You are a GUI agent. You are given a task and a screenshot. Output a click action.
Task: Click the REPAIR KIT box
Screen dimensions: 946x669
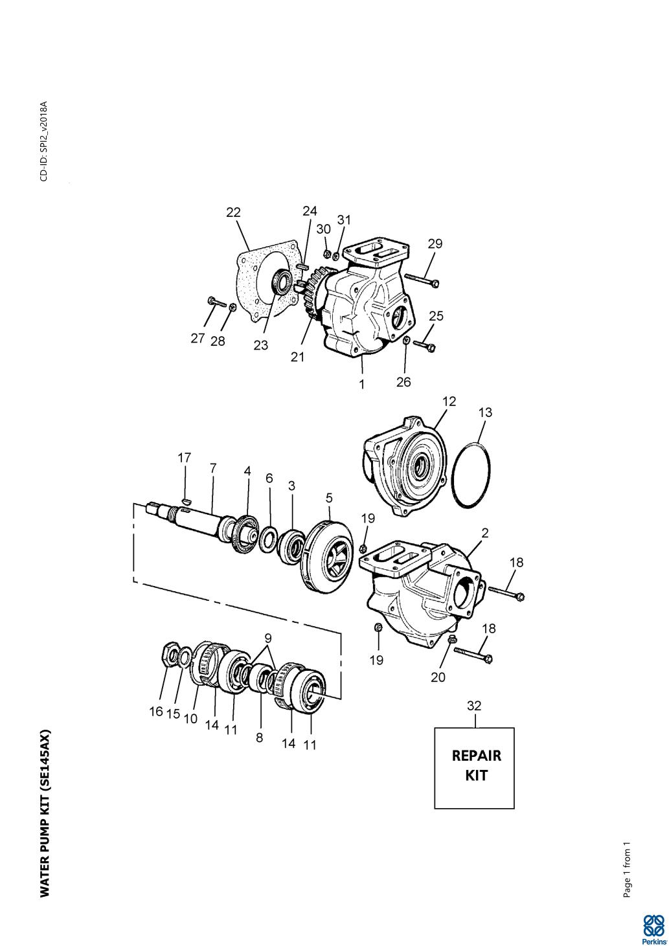click(474, 767)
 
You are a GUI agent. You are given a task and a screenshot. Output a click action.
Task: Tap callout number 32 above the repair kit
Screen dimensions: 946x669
click(474, 706)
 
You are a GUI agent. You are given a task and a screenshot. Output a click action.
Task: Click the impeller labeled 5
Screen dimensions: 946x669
click(329, 556)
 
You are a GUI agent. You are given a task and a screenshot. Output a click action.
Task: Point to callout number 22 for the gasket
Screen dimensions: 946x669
click(233, 212)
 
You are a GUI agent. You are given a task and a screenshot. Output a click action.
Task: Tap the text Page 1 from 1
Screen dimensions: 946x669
click(626, 869)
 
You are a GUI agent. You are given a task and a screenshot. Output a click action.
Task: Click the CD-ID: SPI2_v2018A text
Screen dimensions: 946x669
click(43, 141)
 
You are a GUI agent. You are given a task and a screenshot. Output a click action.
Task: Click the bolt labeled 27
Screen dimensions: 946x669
click(214, 302)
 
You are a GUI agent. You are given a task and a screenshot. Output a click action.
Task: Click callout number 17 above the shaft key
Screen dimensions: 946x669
click(185, 458)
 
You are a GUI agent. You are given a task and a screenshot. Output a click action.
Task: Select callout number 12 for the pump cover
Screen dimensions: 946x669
click(449, 401)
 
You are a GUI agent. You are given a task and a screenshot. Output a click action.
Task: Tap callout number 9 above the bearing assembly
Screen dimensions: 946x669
click(268, 637)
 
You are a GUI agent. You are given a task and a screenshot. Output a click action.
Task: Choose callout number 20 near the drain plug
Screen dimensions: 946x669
click(438, 677)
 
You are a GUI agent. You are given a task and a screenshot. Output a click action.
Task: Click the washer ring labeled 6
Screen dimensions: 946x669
click(268, 539)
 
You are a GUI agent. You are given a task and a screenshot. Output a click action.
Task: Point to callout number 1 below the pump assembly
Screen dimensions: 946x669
click(362, 384)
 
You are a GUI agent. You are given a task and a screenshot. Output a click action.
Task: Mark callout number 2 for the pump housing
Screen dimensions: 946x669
click(484, 533)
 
